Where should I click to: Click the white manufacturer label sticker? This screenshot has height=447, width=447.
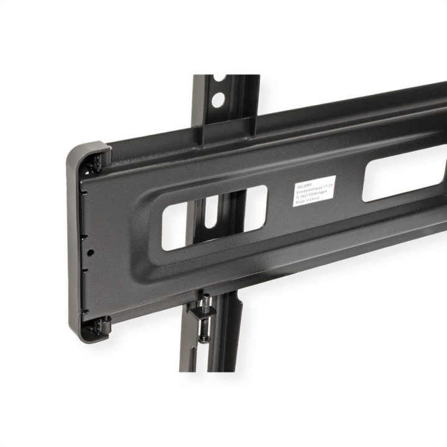314,191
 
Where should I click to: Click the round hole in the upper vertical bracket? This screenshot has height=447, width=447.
217,99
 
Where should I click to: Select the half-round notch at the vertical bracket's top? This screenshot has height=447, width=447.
219,78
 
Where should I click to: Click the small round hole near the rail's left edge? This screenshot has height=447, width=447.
91,253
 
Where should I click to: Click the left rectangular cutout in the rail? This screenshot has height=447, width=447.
214,217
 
